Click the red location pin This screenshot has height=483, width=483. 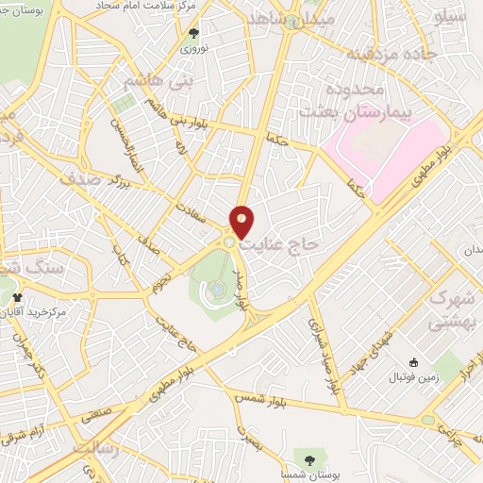click(x=242, y=221)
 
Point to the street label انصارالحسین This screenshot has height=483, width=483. click(x=120, y=138)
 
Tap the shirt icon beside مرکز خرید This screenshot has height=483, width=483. click(x=16, y=297)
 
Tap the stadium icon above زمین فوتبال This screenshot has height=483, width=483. click(x=413, y=362)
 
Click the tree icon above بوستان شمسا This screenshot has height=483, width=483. click(x=309, y=459)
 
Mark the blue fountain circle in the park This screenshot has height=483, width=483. click(x=216, y=289)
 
